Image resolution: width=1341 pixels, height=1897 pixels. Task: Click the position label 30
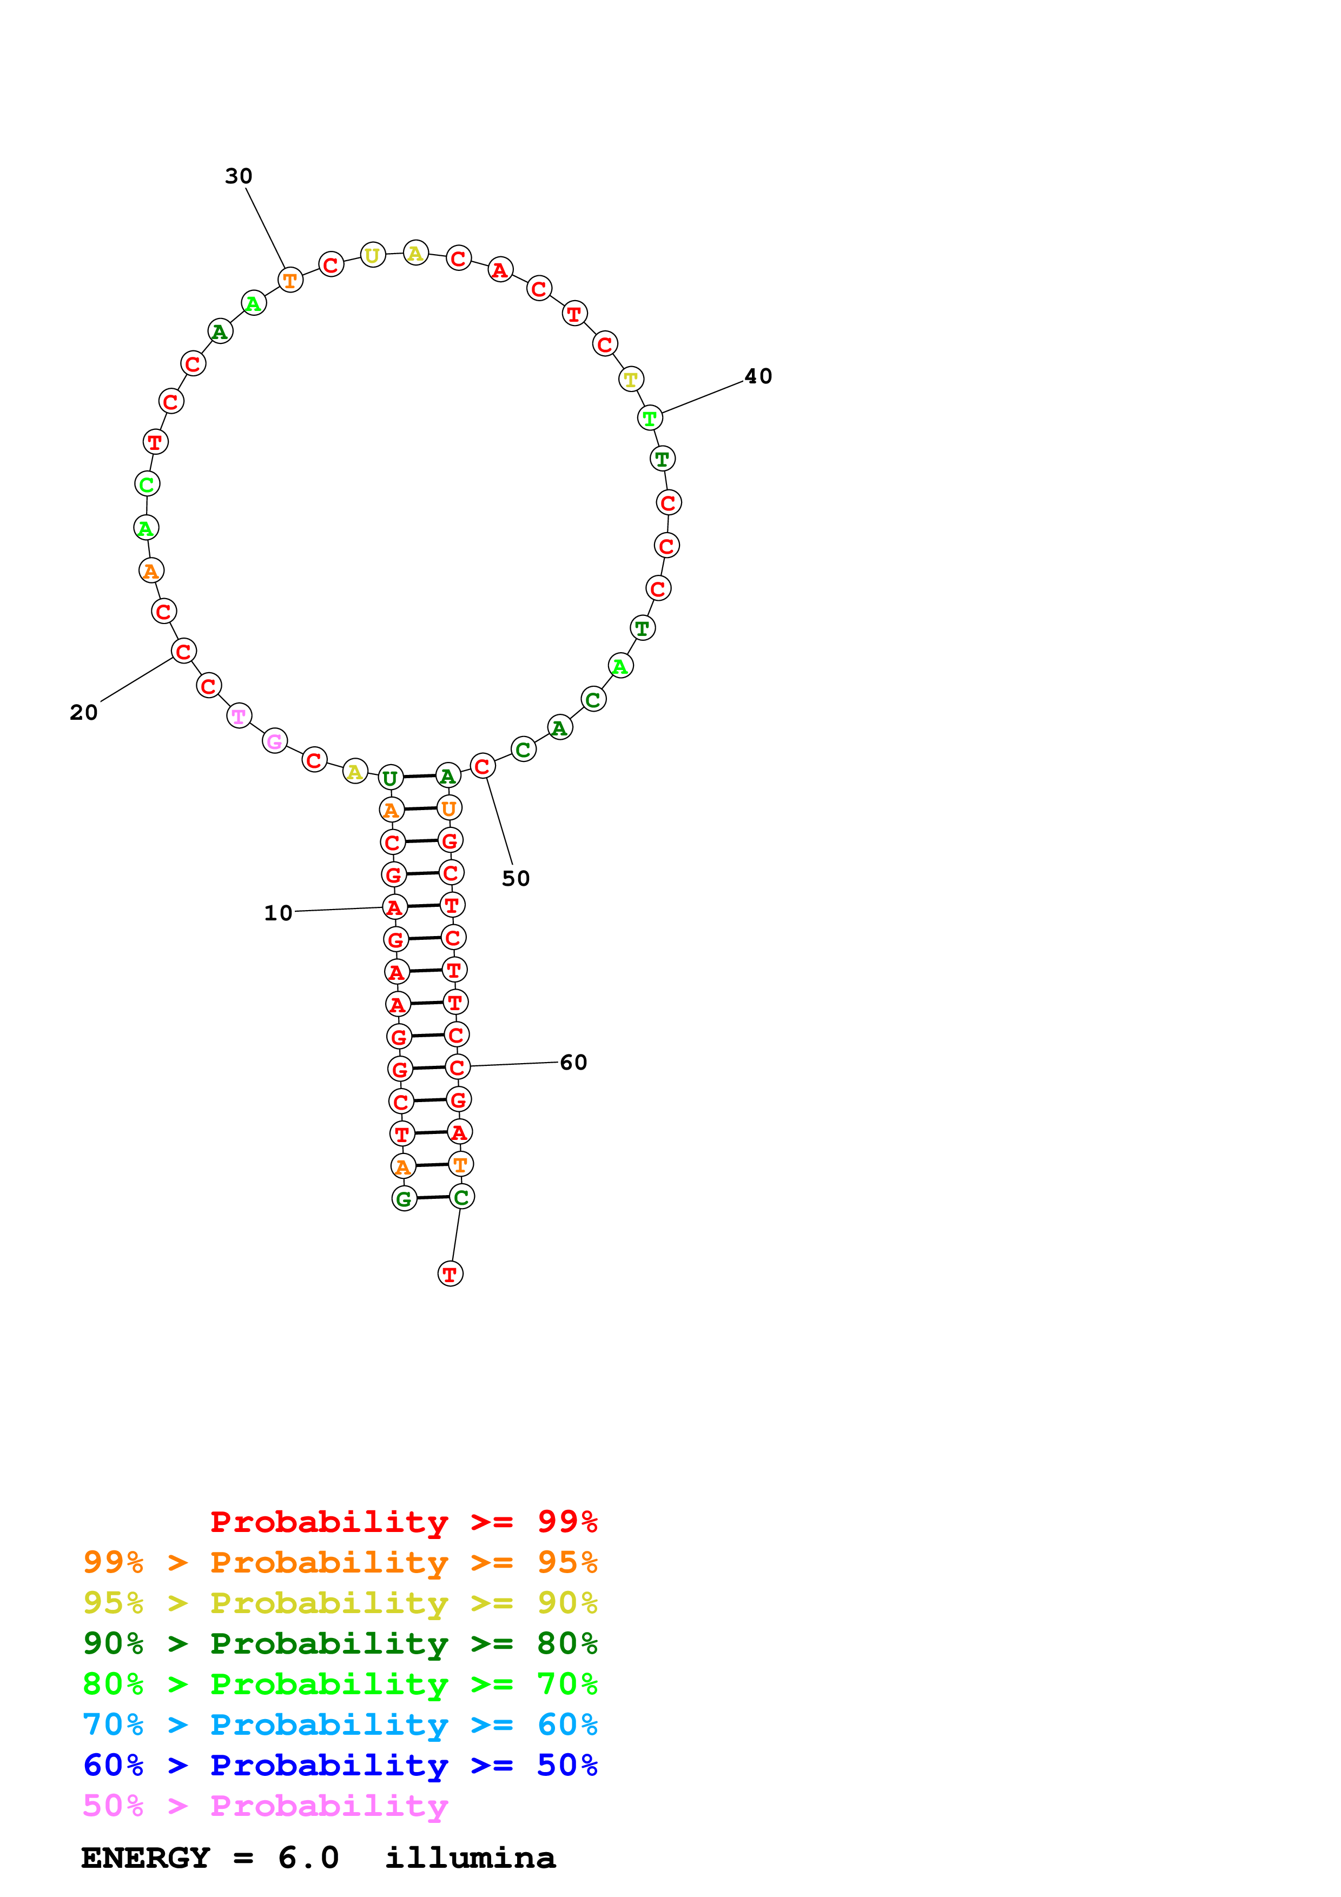(238, 176)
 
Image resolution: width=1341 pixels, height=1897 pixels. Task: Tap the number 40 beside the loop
(758, 377)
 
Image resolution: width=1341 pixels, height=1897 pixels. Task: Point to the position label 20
(83, 712)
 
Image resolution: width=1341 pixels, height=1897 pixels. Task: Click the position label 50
(516, 878)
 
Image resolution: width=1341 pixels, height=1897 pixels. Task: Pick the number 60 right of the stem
(573, 1063)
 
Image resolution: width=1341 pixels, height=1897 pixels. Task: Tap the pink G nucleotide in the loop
(274, 741)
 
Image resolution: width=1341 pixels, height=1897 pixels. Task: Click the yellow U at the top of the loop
(373, 255)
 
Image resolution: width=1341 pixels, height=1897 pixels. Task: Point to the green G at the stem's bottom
(404, 1199)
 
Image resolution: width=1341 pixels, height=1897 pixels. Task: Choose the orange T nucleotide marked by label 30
(290, 280)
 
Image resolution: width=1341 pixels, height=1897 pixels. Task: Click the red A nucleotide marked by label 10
(395, 907)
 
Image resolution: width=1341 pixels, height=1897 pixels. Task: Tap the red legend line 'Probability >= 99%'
(403, 1522)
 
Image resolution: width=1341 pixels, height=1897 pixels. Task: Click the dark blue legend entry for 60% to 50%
(340, 1765)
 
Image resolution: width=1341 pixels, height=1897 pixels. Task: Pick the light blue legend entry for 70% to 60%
(340, 1724)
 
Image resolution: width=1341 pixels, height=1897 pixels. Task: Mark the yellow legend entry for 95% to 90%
(340, 1603)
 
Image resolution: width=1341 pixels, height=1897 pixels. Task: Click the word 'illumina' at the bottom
(470, 1858)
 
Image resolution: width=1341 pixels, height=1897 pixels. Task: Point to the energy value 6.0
(308, 1858)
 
